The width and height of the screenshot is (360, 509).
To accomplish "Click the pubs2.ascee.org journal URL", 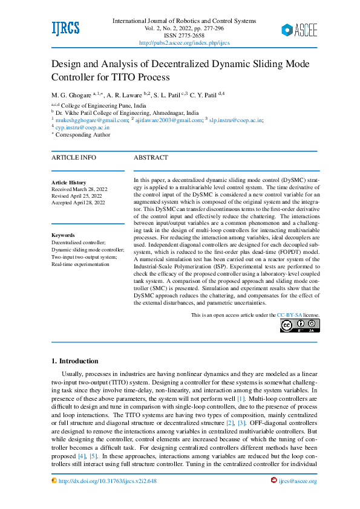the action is (x=184, y=43).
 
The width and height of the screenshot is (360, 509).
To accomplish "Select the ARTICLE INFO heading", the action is (x=73, y=158).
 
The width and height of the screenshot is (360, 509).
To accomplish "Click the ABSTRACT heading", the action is (x=151, y=158).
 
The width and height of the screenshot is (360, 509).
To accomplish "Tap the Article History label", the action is (x=68, y=183).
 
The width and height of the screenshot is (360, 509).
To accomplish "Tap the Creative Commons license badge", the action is (x=299, y=325).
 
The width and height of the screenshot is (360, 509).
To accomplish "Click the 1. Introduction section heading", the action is (x=75, y=361).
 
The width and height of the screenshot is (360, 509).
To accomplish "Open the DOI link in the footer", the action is (x=107, y=481).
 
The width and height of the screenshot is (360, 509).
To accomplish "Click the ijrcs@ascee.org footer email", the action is (x=298, y=481).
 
